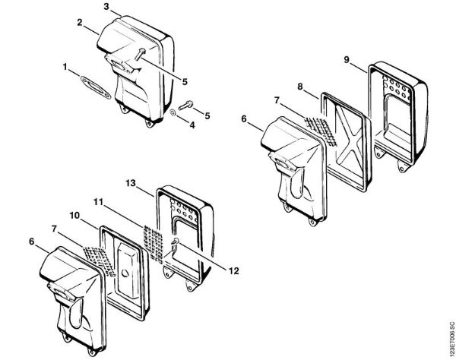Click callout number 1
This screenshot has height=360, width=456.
[65, 67]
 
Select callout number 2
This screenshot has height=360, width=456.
[80, 23]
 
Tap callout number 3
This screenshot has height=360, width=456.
[106, 6]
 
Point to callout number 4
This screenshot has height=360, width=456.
[192, 125]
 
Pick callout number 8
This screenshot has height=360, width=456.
[300, 87]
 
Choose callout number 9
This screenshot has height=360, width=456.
[346, 59]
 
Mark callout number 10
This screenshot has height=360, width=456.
[74, 216]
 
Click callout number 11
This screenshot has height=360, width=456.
[98, 202]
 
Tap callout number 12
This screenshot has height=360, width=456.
[233, 271]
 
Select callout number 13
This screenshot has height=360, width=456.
[131, 183]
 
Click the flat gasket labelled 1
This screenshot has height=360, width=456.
[96, 88]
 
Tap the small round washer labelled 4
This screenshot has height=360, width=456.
[173, 112]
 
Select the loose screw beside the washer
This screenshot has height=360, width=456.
[185, 105]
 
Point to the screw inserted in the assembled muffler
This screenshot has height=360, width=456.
[140, 54]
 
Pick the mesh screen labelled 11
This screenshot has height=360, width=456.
[154, 244]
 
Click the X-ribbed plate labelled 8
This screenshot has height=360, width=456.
[346, 142]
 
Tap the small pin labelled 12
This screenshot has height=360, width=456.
[176, 241]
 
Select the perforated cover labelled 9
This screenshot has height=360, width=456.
[397, 116]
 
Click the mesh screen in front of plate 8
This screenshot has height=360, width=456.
[320, 131]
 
